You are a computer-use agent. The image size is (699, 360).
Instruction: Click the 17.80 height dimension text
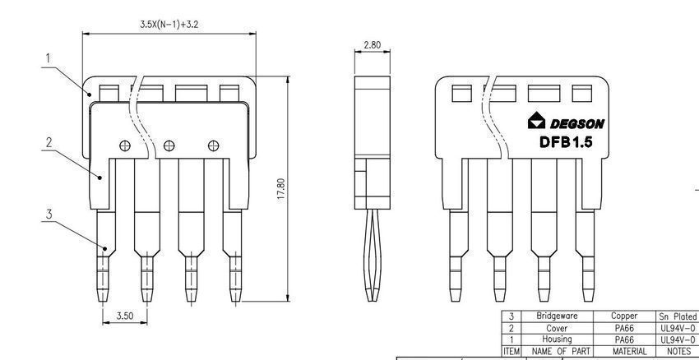click(x=281, y=189)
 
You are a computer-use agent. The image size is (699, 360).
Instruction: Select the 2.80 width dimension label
click(x=373, y=45)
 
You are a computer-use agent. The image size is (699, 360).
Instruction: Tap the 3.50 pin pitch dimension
click(x=125, y=316)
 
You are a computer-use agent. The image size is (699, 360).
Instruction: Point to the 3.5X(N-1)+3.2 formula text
click(x=169, y=25)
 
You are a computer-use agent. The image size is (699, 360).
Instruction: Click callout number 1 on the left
click(x=49, y=58)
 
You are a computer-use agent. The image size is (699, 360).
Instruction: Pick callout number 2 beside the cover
click(x=49, y=142)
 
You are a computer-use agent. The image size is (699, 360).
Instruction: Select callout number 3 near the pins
click(x=49, y=215)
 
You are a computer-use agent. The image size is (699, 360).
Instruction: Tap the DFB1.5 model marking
click(x=566, y=142)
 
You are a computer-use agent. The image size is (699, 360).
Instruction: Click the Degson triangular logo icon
click(x=536, y=121)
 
